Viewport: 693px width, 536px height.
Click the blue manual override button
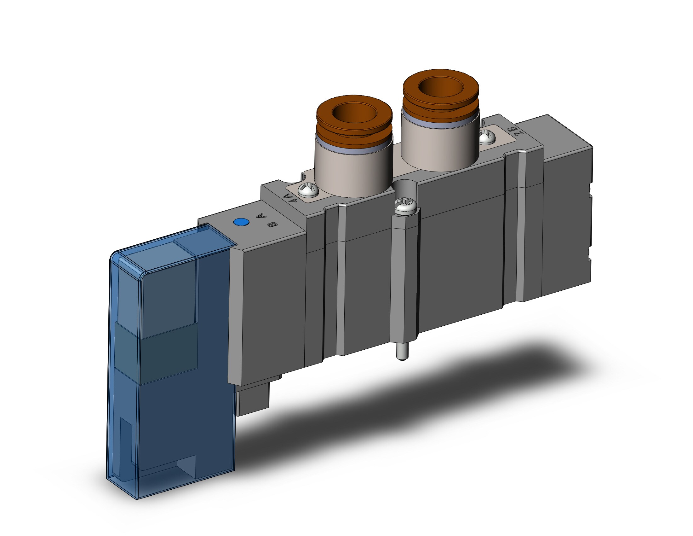pyautogui.click(x=241, y=222)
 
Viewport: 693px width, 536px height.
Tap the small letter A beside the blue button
pyautogui.click(x=261, y=216)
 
